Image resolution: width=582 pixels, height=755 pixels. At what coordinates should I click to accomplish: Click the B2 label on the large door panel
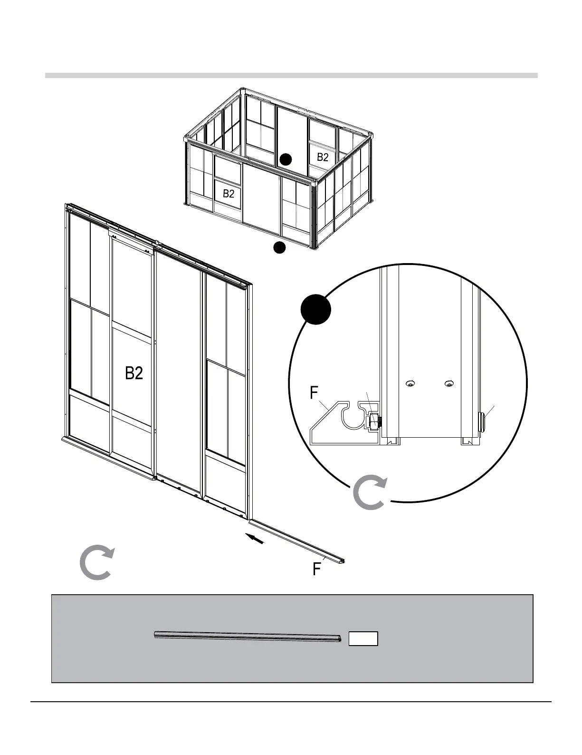(x=134, y=373)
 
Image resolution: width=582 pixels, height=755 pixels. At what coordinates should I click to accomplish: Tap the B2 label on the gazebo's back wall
(x=323, y=157)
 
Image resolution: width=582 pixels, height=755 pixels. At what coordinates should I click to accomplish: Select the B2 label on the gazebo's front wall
(x=229, y=194)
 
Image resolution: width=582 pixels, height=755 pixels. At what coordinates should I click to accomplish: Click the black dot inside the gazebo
(x=285, y=159)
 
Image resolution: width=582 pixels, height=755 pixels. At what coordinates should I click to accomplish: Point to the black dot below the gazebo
(x=279, y=247)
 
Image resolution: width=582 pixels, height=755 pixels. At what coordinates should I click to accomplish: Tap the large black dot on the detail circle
(x=316, y=309)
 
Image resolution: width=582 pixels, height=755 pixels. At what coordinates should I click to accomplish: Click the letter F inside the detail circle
(x=314, y=393)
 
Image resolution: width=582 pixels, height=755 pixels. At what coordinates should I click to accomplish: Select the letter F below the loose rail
(x=316, y=569)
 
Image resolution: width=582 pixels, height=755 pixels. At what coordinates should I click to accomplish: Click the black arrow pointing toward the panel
(x=255, y=539)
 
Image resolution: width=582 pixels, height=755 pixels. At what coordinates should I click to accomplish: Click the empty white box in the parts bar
(x=363, y=638)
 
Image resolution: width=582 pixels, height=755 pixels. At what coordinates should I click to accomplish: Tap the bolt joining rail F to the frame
(x=374, y=421)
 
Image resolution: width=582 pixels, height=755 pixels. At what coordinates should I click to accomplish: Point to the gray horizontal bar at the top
(x=291, y=75)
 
